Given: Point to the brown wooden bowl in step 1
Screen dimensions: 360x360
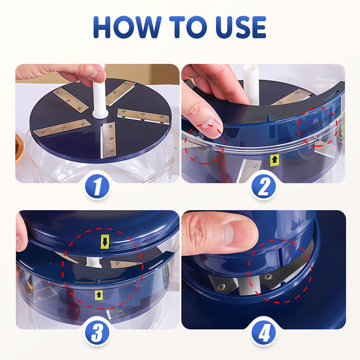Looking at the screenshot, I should coord(18,148).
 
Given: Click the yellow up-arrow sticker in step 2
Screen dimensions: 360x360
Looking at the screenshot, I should coord(275,159).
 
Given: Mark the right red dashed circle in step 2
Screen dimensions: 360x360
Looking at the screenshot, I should coord(319,126).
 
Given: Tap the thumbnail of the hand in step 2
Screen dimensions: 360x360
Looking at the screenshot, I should coord(212,128).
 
